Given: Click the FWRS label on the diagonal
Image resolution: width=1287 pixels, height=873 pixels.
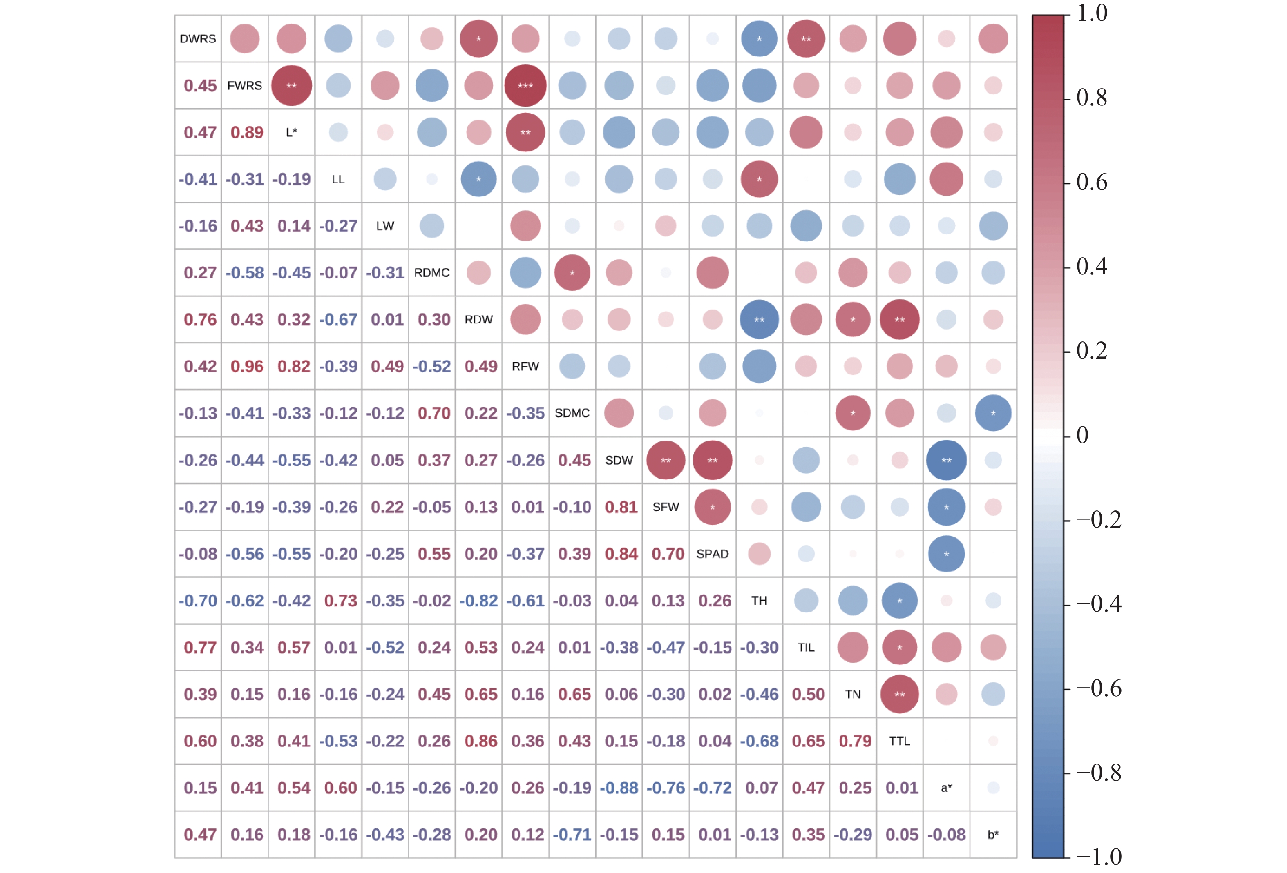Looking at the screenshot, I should (x=244, y=86).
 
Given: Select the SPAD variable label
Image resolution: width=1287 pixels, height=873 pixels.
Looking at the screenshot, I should (x=712, y=554).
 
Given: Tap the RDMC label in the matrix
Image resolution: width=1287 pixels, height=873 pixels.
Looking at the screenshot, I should (x=431, y=273).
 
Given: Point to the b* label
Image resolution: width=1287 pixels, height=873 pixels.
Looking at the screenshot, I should (x=993, y=834).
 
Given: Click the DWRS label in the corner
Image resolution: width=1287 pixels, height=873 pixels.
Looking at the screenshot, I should (x=198, y=39).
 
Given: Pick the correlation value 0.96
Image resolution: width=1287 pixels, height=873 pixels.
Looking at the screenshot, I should (x=247, y=366).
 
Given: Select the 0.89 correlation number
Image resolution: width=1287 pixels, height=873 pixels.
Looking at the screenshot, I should (x=247, y=132).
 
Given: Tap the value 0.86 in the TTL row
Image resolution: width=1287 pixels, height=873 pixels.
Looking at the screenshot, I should (x=481, y=741).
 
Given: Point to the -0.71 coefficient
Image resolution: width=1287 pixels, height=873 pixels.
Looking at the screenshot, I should (x=572, y=834).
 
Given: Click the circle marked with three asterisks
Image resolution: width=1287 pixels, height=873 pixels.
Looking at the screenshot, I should (x=525, y=86).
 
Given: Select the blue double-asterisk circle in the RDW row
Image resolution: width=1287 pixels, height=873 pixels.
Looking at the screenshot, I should (x=759, y=319).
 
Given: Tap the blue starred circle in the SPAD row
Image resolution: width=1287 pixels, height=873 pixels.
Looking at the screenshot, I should (x=946, y=554).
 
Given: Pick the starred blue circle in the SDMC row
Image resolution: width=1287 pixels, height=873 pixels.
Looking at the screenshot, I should (x=993, y=413).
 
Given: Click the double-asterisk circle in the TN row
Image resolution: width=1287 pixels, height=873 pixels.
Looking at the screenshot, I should (x=899, y=694).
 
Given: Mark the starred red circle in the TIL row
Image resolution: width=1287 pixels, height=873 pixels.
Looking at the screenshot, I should (x=899, y=647).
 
